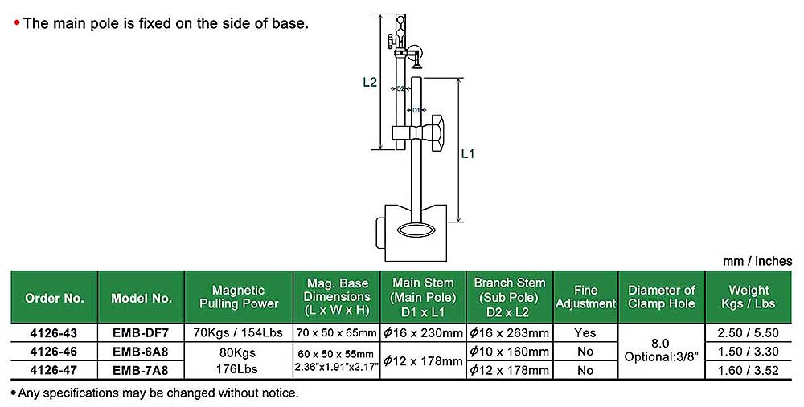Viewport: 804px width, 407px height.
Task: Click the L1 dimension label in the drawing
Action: pos(468,153)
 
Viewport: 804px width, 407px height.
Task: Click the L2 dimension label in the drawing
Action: pos(370,82)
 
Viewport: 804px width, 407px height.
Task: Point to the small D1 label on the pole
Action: pos(416,110)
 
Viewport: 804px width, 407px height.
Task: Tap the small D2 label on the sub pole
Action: pos(400,88)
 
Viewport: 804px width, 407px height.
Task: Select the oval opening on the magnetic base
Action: pos(416,230)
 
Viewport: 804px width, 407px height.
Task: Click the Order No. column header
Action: pos(55,298)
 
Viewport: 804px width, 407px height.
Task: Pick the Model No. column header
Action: pos(142,298)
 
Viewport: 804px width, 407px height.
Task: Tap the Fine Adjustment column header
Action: pos(585,297)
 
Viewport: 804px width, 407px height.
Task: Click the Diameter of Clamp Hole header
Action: pos(662,297)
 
